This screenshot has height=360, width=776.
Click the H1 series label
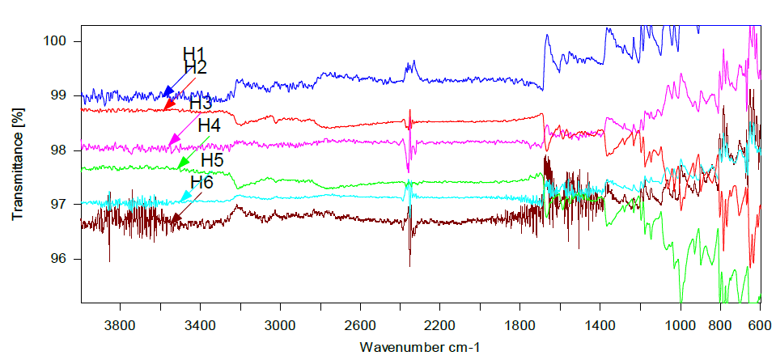[194, 54]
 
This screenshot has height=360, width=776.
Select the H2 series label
[196, 67]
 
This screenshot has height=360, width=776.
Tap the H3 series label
[201, 104]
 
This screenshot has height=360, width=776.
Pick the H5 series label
[212, 159]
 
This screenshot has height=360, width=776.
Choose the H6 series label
[202, 182]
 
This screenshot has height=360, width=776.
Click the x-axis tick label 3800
[120, 324]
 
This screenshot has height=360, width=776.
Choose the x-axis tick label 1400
[600, 324]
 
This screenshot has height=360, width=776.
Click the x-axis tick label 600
[759, 324]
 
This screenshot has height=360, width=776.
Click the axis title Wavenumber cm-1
[421, 346]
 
